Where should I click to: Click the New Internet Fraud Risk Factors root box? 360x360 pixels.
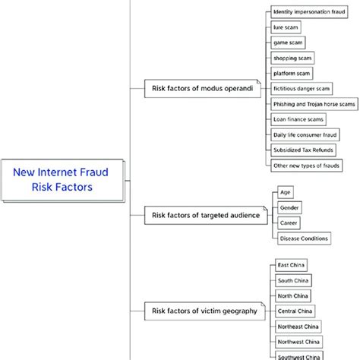point(60,180)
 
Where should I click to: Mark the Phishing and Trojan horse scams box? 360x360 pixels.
point(314,104)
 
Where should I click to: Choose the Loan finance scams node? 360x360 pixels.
point(298,119)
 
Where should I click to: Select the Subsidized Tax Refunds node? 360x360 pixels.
point(302,150)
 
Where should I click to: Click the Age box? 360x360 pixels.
point(285,192)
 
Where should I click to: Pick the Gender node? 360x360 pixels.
point(289,207)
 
